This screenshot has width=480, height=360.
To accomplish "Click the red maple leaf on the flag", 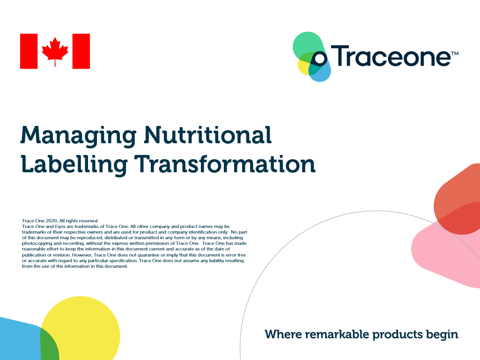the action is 55,51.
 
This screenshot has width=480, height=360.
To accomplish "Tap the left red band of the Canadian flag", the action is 29,51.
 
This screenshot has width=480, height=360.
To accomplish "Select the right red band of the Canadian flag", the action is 81,51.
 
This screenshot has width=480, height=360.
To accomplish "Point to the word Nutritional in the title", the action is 208,135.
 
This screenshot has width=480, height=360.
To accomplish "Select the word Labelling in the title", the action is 74,165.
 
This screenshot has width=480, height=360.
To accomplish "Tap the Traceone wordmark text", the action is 390,56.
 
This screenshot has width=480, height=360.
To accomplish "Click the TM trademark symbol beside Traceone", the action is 455,53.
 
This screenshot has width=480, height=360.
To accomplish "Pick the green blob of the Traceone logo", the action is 308,46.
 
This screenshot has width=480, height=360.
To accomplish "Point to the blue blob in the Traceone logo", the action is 320,71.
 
